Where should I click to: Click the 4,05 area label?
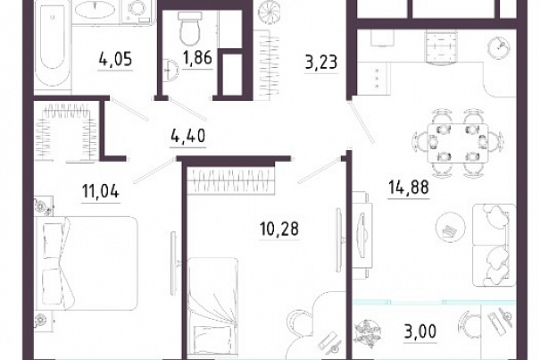tap(115, 59)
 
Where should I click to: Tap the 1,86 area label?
tap(197, 57)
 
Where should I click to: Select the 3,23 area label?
tap(321, 63)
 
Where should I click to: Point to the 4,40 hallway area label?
tap(188, 136)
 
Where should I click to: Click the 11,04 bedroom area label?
tap(101, 191)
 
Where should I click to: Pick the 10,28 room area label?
tap(279, 229)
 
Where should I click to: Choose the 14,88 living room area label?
tap(409, 188)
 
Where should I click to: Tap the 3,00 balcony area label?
tap(420, 331)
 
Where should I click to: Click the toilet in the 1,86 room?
tap(189, 29)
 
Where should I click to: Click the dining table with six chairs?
tap(458, 143)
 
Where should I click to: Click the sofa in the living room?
tap(494, 245)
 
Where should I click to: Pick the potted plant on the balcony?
tap(368, 333)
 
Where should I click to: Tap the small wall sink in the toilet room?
tap(171, 70)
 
